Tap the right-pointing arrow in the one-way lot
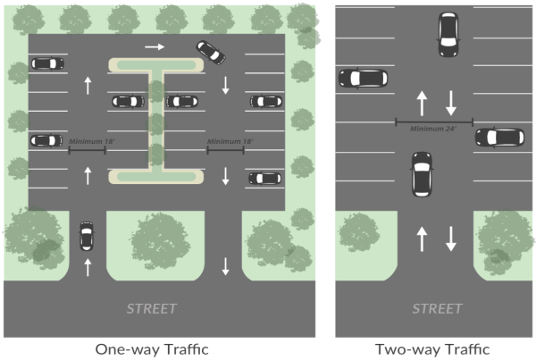click(155, 46)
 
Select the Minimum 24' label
click(433, 128)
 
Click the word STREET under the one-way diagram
click(151, 309)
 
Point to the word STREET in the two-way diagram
click(435, 309)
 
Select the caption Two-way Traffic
click(435, 348)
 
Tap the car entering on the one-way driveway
click(87, 237)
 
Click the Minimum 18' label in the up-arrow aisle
click(88, 141)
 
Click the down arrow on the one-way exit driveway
click(226, 265)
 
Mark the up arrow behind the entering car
click(87, 266)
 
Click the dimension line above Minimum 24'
click(434, 121)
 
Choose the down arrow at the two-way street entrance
click(450, 238)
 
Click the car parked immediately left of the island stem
click(128, 101)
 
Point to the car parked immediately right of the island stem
click(182, 101)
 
